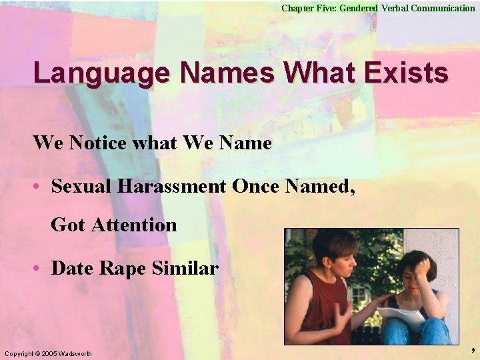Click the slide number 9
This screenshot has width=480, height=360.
(x=473, y=350)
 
